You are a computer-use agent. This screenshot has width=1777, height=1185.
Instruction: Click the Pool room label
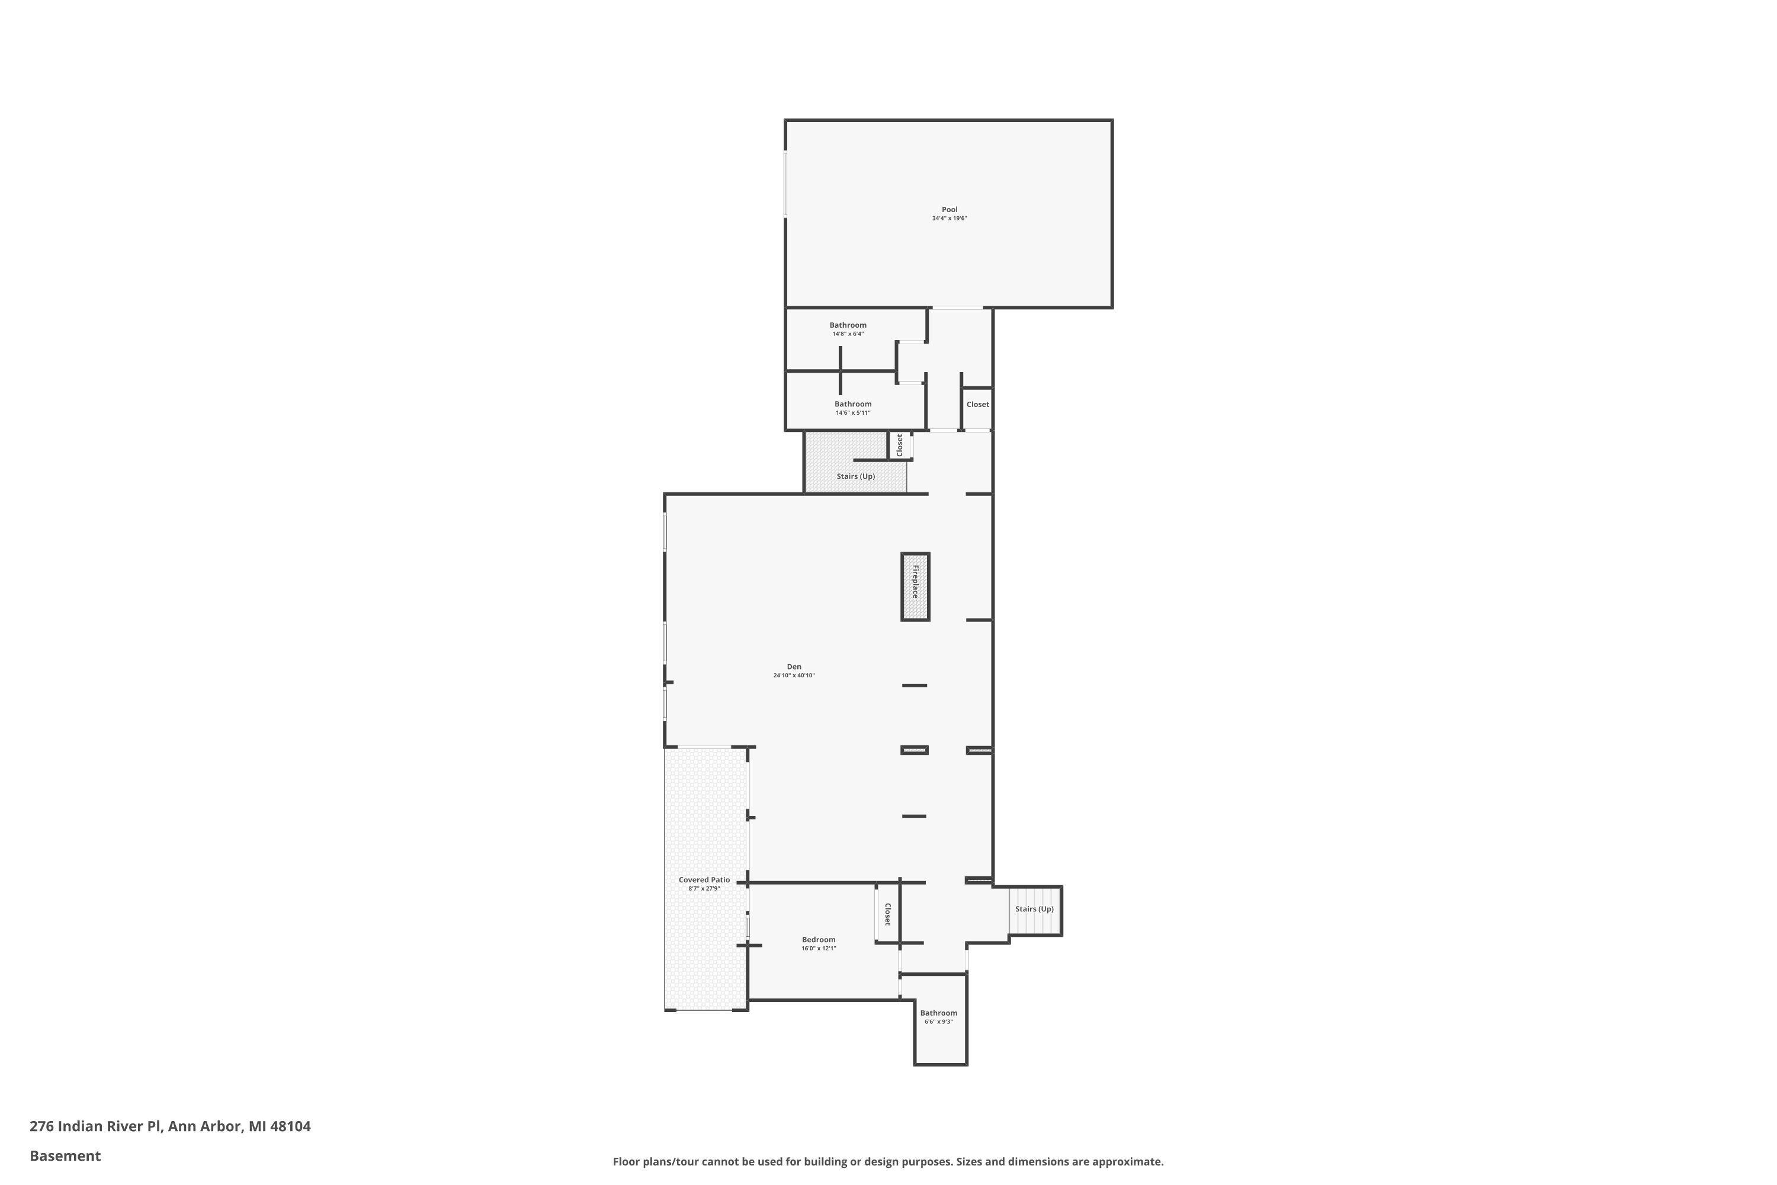coord(949,209)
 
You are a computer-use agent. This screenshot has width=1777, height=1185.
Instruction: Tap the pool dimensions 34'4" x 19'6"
coord(949,219)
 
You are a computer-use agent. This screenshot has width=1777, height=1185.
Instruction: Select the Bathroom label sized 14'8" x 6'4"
coord(848,325)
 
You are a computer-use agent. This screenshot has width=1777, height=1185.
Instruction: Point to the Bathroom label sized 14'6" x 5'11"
coord(852,404)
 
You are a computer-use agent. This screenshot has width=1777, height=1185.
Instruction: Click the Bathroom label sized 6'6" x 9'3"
coord(938,1013)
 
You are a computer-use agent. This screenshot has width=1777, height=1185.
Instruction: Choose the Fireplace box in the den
coord(915,587)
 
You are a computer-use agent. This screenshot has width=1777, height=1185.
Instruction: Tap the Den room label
coord(793,667)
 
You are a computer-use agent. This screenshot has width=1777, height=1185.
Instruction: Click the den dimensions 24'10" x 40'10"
coord(793,675)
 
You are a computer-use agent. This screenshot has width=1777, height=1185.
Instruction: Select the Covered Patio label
coord(704,880)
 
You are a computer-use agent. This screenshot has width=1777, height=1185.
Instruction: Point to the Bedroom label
coord(818,939)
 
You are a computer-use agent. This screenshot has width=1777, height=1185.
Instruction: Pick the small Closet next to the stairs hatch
coord(899,444)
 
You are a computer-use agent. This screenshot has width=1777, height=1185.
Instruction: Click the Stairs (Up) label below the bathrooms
coord(855,476)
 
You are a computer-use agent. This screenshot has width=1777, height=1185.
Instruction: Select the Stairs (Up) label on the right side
coord(1034,909)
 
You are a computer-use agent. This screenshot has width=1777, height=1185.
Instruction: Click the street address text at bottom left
coord(170,1126)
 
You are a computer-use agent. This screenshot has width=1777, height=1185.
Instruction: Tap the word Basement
coord(65,1155)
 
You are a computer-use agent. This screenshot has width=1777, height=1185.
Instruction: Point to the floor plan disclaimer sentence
coord(888,1161)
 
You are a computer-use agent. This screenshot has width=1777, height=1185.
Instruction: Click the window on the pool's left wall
coord(786,184)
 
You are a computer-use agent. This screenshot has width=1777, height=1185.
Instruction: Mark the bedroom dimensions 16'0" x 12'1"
coord(818,949)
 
